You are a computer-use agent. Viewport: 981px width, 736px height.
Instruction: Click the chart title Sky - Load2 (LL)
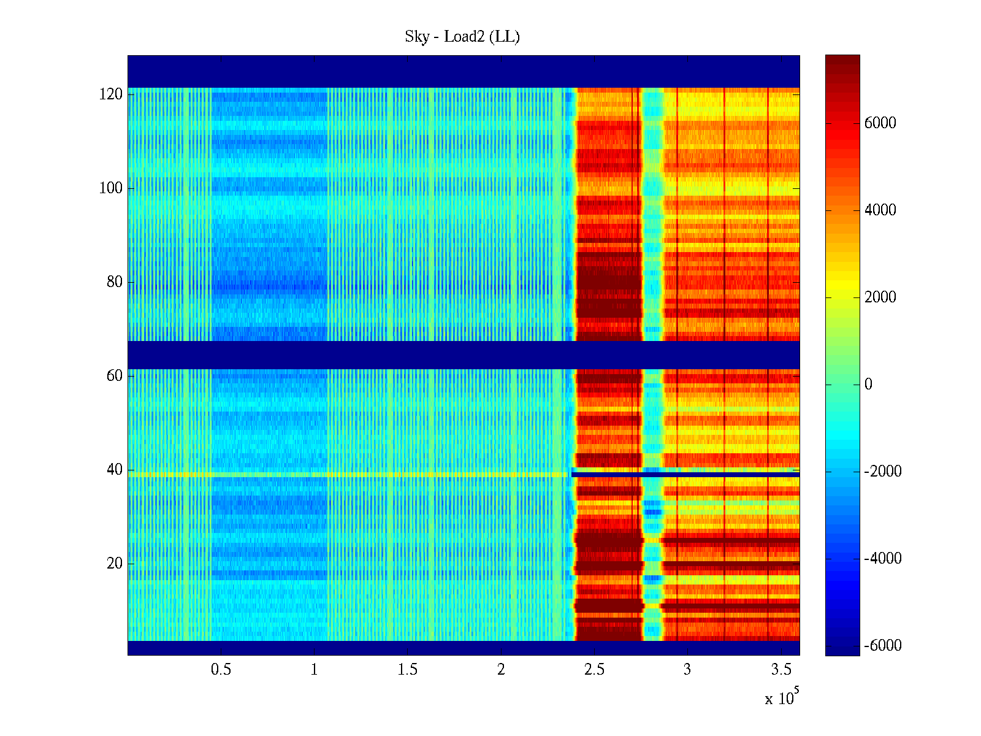point(462,37)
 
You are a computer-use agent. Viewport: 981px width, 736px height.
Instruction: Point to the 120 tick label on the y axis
point(111,94)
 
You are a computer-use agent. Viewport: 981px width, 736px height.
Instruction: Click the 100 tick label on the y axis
point(111,188)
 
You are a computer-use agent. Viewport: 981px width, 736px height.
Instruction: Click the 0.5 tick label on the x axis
point(221,670)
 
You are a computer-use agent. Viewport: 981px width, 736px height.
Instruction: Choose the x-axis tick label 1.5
point(408,670)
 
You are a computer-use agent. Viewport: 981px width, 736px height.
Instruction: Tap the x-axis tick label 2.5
point(594,670)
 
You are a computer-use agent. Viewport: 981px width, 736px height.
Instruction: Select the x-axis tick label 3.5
point(781,670)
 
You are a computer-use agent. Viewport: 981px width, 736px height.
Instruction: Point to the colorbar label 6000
point(880,123)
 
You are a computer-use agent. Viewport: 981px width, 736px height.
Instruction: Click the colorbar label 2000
point(880,297)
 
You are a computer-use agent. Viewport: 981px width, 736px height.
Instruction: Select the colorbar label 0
point(868,385)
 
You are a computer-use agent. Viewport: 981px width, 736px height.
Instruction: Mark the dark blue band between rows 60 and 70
point(464,355)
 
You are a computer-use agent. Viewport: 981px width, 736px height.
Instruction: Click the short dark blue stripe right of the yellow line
point(685,474)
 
